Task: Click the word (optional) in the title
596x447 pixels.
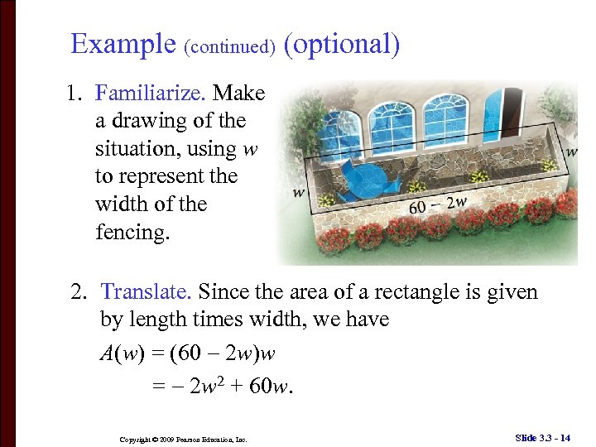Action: tap(342, 44)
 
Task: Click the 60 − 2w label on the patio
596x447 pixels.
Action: tap(438, 203)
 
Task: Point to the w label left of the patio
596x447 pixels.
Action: tap(298, 192)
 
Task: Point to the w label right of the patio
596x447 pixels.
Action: tap(571, 151)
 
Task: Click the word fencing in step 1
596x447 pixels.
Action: tap(132, 233)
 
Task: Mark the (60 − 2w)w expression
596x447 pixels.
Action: tap(223, 353)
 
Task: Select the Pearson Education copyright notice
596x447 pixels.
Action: tap(183, 439)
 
